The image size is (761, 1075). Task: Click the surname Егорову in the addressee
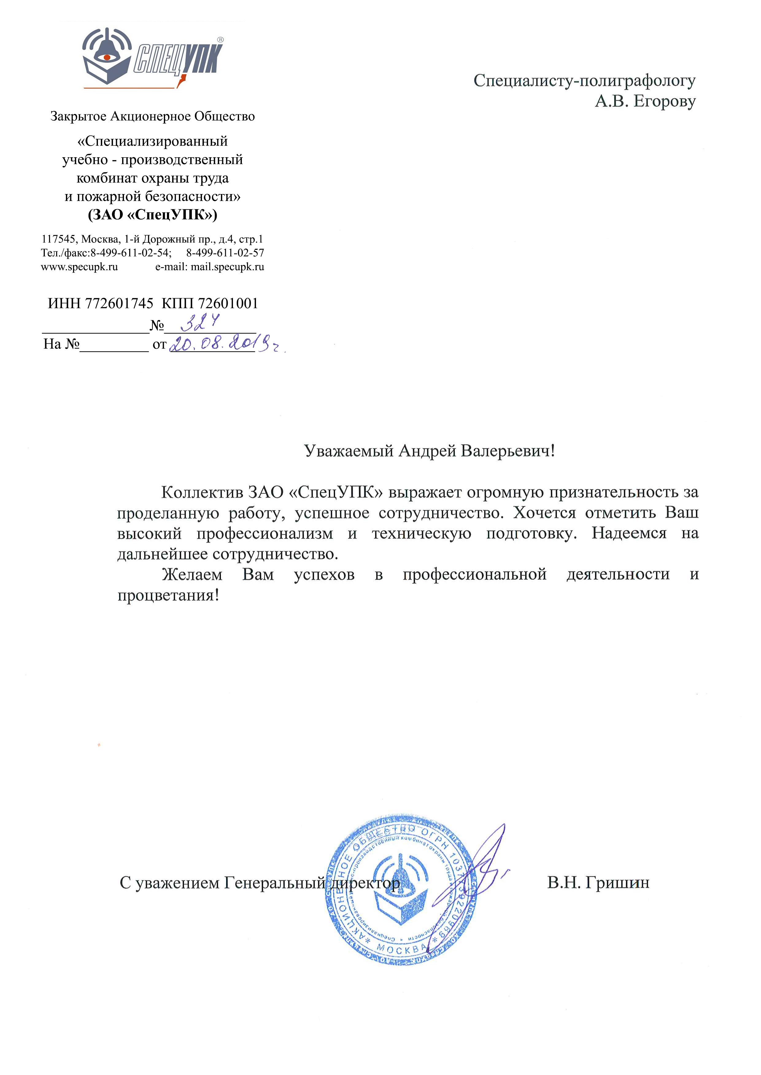click(x=664, y=101)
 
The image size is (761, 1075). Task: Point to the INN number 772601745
click(x=119, y=303)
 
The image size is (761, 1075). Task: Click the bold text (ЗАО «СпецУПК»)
click(x=153, y=215)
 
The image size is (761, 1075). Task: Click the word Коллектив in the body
click(x=203, y=492)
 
